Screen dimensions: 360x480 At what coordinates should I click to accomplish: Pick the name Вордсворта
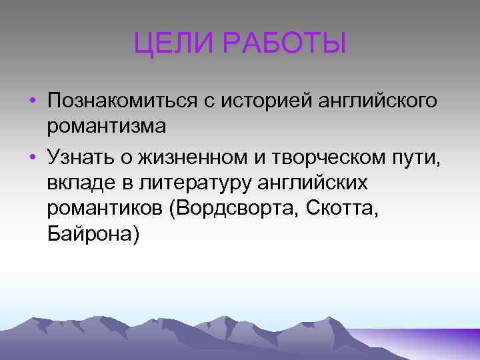(236, 210)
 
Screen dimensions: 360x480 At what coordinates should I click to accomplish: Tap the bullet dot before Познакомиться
(32, 102)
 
